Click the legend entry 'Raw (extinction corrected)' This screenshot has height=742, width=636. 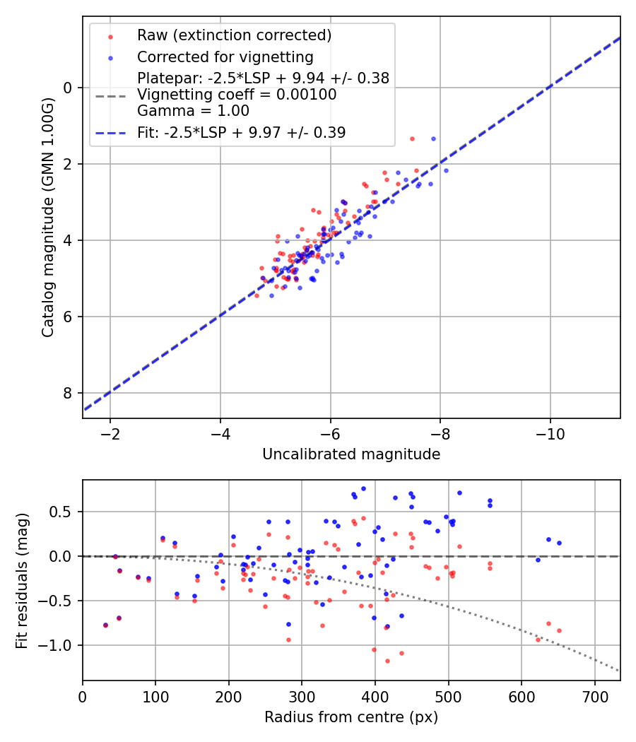(x=234, y=35)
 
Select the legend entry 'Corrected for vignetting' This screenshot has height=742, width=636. (x=225, y=57)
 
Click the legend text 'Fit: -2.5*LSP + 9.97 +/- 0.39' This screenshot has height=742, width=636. (x=241, y=132)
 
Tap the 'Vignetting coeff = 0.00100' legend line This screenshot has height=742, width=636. (x=237, y=95)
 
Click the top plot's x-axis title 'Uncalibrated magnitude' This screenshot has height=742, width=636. (x=351, y=454)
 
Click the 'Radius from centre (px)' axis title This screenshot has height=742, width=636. (x=351, y=717)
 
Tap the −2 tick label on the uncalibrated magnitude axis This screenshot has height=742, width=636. (x=110, y=434)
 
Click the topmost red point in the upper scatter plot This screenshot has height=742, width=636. (x=412, y=139)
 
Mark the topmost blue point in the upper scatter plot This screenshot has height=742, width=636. (x=433, y=139)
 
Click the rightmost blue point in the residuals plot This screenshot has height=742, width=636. (x=559, y=543)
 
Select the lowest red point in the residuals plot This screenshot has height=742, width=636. (x=387, y=661)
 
